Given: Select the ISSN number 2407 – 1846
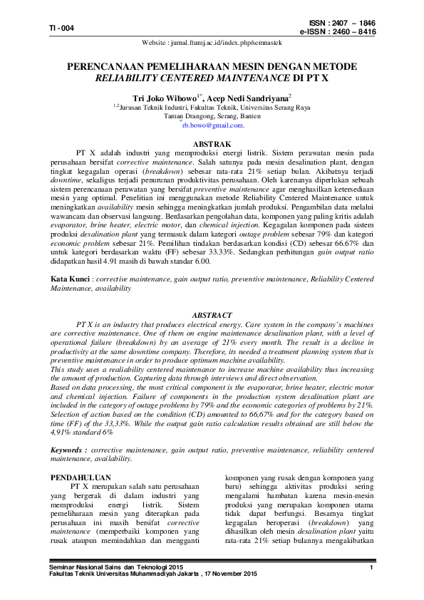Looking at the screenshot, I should (x=350, y=23).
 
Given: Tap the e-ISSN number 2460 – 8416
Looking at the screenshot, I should (x=350, y=32).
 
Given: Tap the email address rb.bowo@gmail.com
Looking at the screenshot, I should (x=212, y=125).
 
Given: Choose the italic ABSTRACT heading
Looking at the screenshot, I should (x=212, y=315).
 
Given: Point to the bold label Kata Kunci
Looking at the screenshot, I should (x=69, y=280).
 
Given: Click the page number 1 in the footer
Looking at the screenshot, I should (x=372, y=567).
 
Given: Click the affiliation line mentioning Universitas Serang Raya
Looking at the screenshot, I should (x=213, y=107).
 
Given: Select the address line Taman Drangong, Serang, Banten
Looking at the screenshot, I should (x=212, y=115).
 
